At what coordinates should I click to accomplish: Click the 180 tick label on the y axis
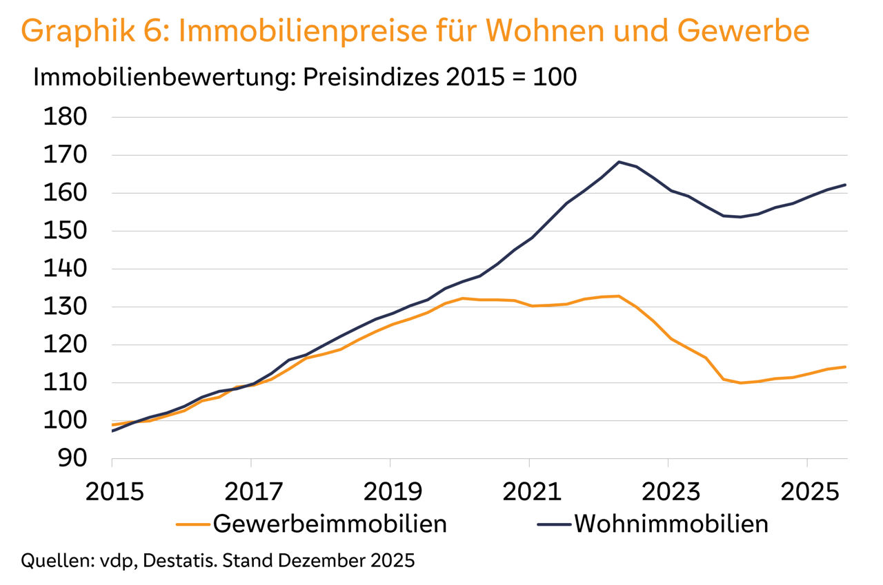point(65,117)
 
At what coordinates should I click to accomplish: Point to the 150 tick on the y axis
point(65,231)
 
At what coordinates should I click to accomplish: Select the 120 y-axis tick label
point(65,345)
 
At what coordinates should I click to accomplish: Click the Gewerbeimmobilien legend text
point(330,524)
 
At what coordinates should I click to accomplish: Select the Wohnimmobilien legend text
point(671,524)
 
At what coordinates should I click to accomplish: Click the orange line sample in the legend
point(193,524)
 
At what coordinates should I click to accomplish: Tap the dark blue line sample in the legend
point(554,524)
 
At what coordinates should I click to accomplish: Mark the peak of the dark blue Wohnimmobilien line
point(618,162)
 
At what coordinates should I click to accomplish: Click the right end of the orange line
point(846,367)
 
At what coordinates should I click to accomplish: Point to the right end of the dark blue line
point(846,185)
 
